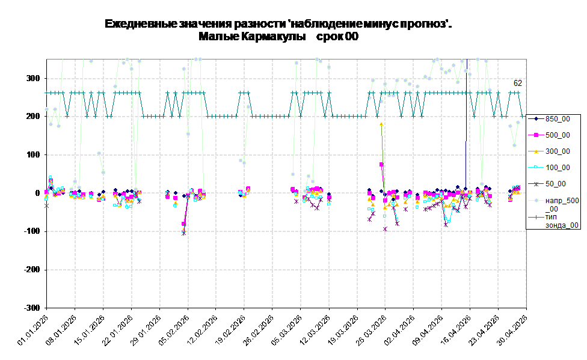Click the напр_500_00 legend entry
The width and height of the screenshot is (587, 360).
coord(553,204)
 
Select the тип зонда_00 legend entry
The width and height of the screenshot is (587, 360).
coord(553,221)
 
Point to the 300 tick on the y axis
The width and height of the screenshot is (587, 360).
coord(33,78)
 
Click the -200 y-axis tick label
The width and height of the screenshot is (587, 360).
coord(32,269)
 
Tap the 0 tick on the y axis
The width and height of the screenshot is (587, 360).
coord(37,193)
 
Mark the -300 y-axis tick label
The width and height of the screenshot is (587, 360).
coord(32,308)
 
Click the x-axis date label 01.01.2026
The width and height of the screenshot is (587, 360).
coord(33,330)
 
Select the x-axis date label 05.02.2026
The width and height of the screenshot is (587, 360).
coord(174,330)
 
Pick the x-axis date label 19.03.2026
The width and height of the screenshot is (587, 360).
coord(343,330)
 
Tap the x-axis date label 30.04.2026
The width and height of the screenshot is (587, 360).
coord(513,330)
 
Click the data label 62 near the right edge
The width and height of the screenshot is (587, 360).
coord(518,83)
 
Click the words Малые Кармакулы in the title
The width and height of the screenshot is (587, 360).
coord(252,37)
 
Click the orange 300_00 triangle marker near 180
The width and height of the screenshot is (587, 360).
coord(381,124)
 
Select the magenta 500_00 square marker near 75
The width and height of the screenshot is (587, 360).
coord(381,164)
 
